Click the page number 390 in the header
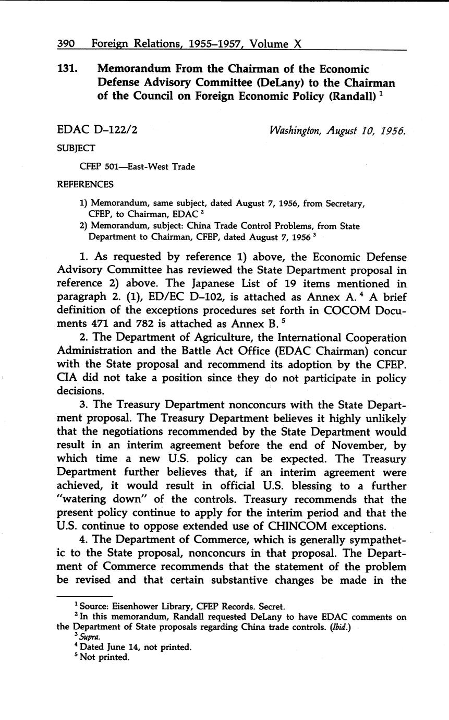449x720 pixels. click(66, 44)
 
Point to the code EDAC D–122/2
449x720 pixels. click(97, 130)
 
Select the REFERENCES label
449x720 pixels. click(85, 184)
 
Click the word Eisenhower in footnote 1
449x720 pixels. click(137, 606)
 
